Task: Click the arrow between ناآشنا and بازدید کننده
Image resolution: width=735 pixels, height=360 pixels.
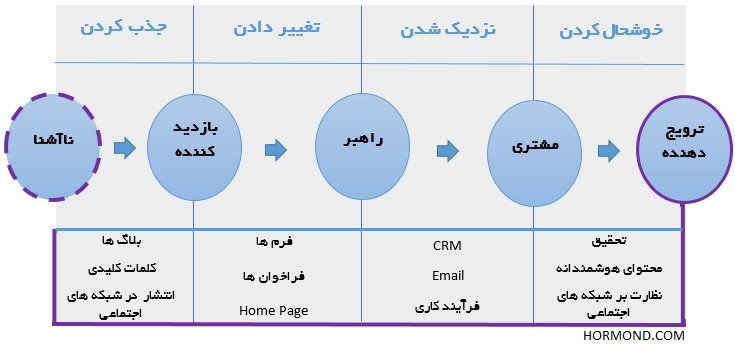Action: pos(124,149)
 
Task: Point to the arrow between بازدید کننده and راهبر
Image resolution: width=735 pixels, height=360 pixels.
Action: pos(275,150)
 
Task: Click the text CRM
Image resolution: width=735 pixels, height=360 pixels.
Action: pos(447,245)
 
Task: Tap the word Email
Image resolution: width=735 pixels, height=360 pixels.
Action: pos(448,275)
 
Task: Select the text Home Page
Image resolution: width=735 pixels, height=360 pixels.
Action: pos(274,310)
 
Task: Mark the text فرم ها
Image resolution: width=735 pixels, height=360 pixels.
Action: pos(275,241)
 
